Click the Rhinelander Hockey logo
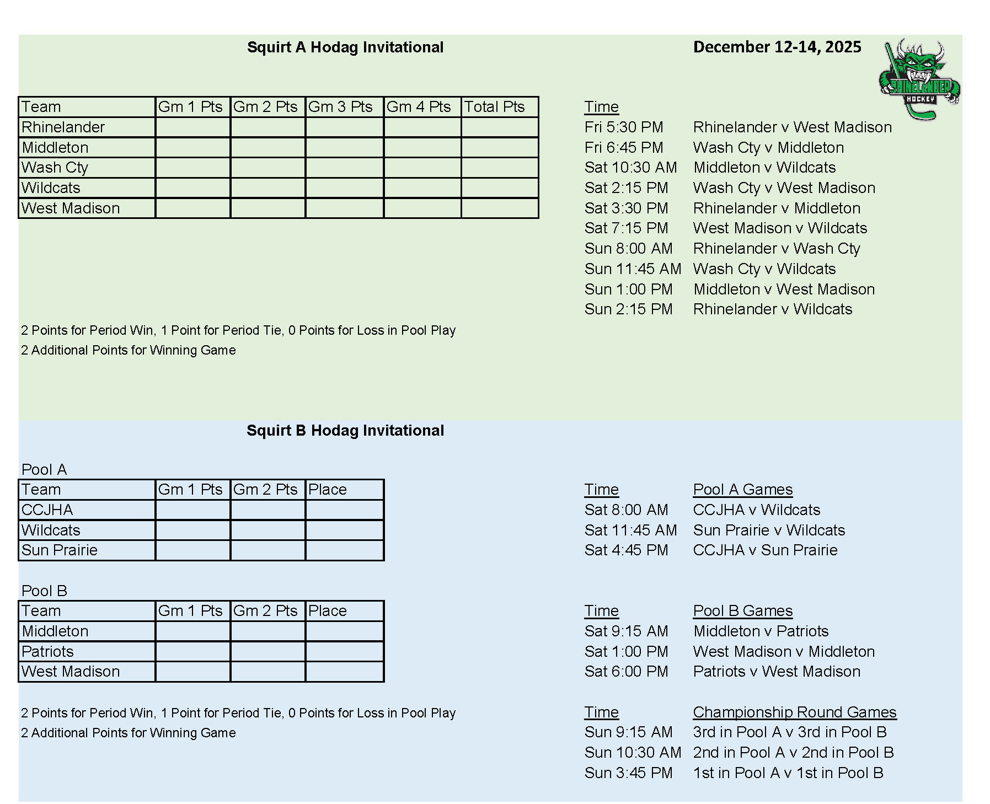(x=919, y=80)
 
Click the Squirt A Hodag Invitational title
(x=345, y=47)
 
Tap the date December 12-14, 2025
(x=777, y=47)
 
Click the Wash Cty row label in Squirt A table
(x=55, y=168)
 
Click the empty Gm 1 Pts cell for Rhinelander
(x=192, y=127)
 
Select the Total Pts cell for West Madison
(x=499, y=208)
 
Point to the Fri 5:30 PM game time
(x=624, y=127)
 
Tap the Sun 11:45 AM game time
(x=633, y=269)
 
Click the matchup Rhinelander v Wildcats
(x=772, y=309)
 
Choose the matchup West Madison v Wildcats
(x=780, y=228)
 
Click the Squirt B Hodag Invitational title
(x=345, y=431)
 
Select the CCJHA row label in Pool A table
(x=47, y=510)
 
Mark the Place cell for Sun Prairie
(x=344, y=550)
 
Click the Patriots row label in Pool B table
(x=47, y=652)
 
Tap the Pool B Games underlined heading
(x=742, y=611)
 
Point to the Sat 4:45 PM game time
(x=626, y=550)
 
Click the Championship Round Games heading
(x=794, y=712)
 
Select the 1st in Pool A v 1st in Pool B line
(x=788, y=773)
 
